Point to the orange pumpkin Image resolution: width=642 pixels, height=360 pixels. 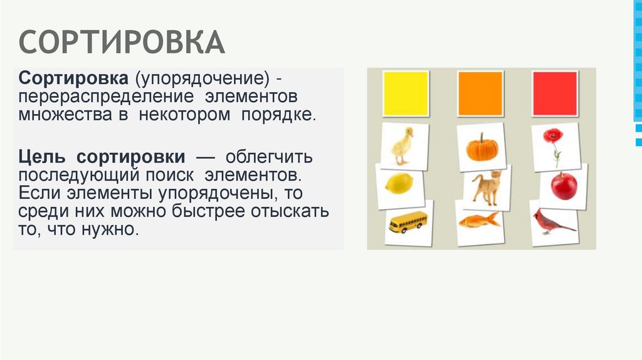[x=481, y=148]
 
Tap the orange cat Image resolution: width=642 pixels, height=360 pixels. [x=486, y=187]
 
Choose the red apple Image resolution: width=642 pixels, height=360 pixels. [x=564, y=186]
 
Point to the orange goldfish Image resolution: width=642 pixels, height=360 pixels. [x=480, y=220]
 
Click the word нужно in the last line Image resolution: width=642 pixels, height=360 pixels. [x=109, y=230]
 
